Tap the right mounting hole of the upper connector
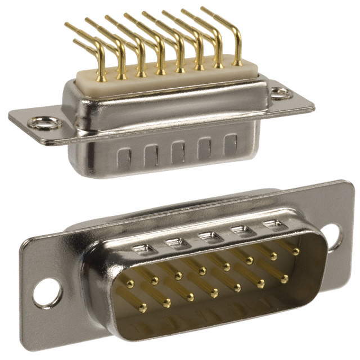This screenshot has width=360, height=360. coord(279,92)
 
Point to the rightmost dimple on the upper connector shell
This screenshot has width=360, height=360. coord(231,143)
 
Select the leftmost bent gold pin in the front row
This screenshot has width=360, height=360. coord(101,73)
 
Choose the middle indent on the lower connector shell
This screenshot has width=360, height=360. coord(209,237)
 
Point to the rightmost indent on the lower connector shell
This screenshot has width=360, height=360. coord(273,226)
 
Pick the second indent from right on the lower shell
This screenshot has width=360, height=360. coord(242,231)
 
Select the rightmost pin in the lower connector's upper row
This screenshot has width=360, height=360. coord(296,251)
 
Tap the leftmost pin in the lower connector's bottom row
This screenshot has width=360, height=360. coord(142,308)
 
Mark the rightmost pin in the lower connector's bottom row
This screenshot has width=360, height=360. coord(284,278)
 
